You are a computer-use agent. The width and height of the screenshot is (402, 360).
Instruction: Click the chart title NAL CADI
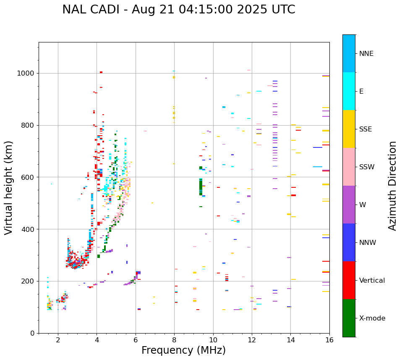[x=178, y=10]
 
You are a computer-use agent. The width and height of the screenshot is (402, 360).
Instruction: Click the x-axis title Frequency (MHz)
[x=183, y=350]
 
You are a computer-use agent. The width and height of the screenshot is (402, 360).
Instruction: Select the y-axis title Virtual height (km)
[x=9, y=188]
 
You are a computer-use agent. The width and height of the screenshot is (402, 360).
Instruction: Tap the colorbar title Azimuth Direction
[x=392, y=186]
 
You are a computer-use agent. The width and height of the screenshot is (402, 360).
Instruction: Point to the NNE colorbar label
[x=366, y=54]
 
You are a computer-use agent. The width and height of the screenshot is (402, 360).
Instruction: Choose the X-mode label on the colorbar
[x=372, y=318]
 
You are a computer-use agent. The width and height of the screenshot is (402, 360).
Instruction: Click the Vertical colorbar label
[x=372, y=281]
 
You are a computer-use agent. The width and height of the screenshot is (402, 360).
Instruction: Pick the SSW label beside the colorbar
[x=367, y=167]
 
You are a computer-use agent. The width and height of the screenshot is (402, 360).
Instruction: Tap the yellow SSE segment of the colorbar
[x=349, y=129]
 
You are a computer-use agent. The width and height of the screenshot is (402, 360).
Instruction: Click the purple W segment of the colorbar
[x=349, y=205]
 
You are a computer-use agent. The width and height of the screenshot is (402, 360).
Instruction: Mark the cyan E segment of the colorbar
[x=349, y=91]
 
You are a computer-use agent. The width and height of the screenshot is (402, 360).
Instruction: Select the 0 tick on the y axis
[x=32, y=333]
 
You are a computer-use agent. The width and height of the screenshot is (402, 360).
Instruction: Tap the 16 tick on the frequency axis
[x=329, y=340]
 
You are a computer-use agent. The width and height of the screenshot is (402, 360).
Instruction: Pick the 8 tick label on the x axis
[x=174, y=340]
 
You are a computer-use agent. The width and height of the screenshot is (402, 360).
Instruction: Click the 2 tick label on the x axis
[x=58, y=340]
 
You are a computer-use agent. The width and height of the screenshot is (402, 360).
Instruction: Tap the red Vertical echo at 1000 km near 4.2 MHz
[x=101, y=72]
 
